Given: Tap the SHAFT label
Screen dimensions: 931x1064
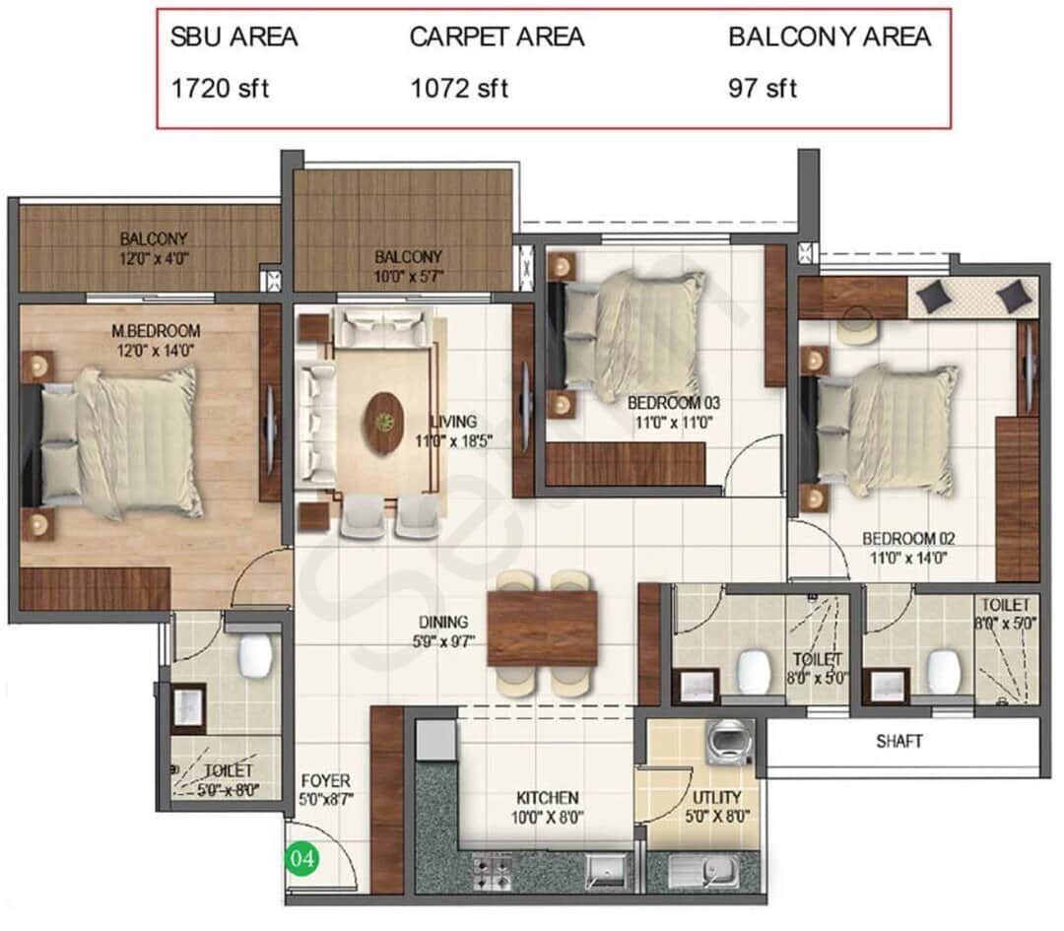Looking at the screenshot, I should (x=899, y=741).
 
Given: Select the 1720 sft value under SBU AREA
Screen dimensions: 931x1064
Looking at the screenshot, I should (x=220, y=88).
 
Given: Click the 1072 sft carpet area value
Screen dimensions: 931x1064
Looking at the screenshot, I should (x=459, y=88).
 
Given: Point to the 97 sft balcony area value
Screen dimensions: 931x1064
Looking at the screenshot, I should (x=763, y=88).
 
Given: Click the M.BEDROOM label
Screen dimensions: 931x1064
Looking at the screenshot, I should (x=156, y=330).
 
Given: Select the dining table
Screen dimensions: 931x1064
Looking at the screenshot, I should (x=542, y=629).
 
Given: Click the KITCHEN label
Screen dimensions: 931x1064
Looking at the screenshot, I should (x=548, y=797).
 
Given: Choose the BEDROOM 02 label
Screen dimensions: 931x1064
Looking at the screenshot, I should (x=908, y=539).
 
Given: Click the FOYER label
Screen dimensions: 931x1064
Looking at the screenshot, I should (x=326, y=781).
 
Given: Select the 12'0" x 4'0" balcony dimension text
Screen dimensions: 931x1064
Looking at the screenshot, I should (x=154, y=257).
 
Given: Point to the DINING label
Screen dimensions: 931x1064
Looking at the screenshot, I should (x=442, y=622).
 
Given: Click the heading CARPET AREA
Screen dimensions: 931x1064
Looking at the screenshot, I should (x=497, y=37).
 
